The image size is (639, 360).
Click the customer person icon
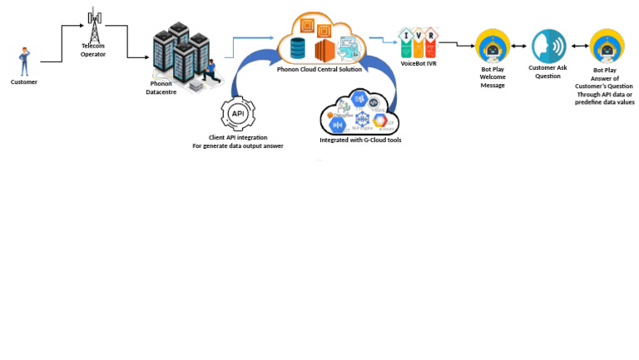23,62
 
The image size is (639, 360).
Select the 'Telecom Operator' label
93,50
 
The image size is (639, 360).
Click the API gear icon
238,113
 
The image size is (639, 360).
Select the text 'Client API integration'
238,137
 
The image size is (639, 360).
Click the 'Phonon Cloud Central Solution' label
319,70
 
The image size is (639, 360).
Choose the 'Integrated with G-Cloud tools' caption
360,141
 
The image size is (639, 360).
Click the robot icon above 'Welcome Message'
492,47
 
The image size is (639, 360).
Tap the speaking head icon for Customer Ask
548,45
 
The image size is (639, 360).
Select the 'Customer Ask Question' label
547,72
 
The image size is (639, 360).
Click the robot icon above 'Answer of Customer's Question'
607,47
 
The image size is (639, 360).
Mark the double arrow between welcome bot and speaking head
519,47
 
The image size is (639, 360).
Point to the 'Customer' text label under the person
23,81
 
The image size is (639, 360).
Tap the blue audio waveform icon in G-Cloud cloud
338,125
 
